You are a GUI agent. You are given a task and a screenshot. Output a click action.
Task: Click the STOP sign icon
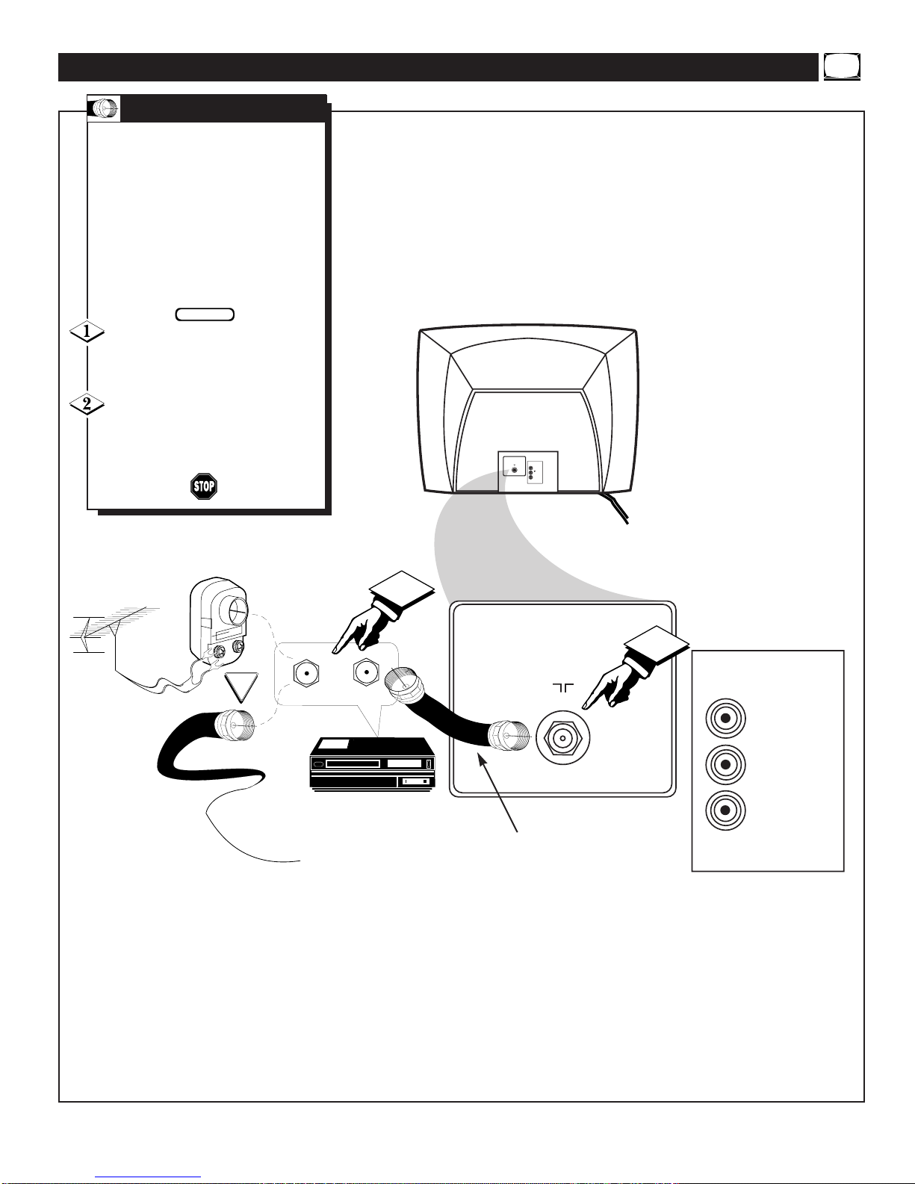204,486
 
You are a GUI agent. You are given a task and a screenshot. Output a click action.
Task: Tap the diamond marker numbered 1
87,332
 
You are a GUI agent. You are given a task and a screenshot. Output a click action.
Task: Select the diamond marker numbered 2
87,404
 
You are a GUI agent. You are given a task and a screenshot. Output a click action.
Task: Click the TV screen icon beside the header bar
842,67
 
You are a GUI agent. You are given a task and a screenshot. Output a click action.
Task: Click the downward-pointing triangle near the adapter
241,687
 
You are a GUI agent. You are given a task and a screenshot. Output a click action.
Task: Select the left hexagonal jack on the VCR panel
306,674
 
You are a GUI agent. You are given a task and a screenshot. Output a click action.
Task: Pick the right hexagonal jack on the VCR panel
366,672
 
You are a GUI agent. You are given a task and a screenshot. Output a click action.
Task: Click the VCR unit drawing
372,764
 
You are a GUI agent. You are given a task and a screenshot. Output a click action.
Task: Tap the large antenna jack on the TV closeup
562,738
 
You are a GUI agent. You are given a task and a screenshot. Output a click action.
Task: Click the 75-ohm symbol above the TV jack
563,688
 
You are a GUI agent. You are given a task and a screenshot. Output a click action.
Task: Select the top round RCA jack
725,718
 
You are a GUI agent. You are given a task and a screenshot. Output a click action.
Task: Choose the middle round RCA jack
725,764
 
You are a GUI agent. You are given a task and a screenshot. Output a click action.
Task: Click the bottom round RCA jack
725,810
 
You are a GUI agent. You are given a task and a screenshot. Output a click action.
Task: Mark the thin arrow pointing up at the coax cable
497,793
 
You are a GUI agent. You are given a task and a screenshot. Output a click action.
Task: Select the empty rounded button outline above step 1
205,314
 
